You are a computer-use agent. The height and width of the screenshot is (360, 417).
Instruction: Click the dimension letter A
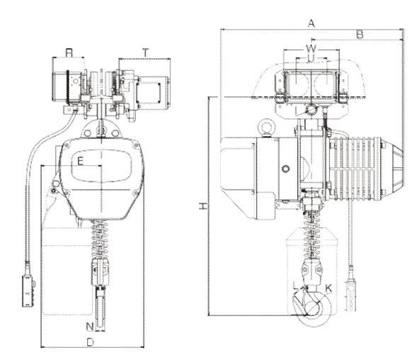tap(311, 23)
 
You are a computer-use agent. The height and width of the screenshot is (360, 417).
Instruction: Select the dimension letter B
tap(359, 33)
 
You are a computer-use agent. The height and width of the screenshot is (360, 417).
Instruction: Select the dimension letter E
tap(81, 162)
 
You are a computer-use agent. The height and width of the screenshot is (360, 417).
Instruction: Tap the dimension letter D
tap(90, 342)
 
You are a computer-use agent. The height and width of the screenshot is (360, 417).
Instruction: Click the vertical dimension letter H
tap(202, 206)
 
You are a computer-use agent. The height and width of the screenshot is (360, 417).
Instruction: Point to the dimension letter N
tap(89, 327)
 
